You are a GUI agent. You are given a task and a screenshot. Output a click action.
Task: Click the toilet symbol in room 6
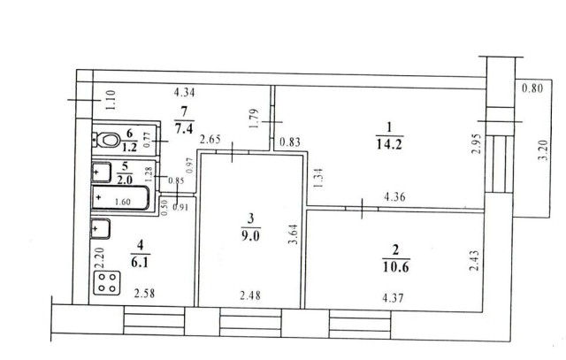[107, 140]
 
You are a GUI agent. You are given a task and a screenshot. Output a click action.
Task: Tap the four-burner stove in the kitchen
[107, 282]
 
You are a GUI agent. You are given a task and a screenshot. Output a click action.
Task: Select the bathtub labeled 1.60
[120, 197]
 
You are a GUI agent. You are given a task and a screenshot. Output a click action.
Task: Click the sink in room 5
[102, 172]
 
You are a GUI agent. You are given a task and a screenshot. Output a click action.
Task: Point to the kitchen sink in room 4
[101, 228]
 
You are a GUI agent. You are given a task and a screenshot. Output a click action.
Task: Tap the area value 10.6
[395, 267]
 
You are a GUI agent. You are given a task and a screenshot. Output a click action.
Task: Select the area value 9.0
[250, 236]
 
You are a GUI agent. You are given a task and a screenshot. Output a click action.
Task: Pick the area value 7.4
[184, 128]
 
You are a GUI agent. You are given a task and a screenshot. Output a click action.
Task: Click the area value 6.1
[140, 262]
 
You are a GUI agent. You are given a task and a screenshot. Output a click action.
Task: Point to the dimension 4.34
[185, 93]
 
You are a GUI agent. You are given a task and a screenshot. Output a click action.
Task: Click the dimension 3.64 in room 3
[294, 234]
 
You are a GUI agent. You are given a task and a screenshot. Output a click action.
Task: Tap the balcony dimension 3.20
[545, 149]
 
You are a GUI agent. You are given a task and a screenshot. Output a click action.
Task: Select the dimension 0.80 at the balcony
[532, 88]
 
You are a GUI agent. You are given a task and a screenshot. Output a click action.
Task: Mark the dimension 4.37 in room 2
[393, 298]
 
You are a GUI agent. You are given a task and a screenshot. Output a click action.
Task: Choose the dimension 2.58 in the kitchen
[144, 293]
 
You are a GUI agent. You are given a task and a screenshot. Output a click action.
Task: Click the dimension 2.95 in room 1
[477, 143]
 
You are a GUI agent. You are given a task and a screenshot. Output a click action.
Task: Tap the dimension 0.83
[290, 142]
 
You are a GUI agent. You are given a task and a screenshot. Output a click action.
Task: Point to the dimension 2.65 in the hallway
[210, 140]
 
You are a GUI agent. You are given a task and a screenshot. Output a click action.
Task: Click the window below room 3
[251, 322]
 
